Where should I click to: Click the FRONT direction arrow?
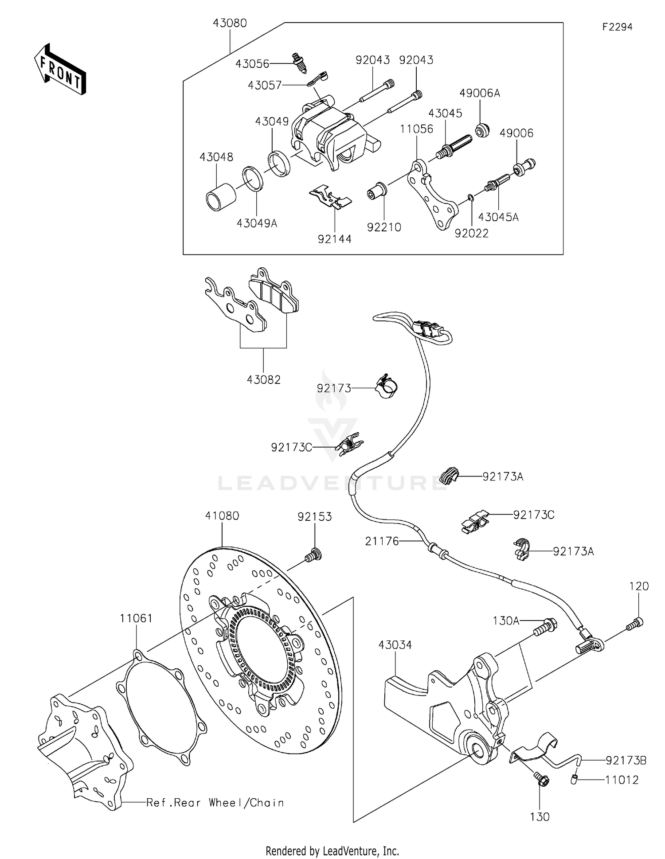tap(60, 70)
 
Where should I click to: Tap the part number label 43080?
tap(230, 23)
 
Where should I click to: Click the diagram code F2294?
tap(617, 27)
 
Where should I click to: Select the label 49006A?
tap(479, 93)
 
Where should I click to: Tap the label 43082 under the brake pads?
tap(263, 380)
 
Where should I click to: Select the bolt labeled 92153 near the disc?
tap(313, 554)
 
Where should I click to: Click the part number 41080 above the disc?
tap(222, 516)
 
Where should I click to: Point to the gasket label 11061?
tap(136, 618)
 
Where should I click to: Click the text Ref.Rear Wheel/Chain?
tap(215, 803)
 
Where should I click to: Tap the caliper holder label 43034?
tap(395, 645)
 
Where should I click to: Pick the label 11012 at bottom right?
tap(622, 780)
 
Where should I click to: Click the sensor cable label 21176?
tap(382, 541)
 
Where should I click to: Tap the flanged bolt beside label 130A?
tap(547, 626)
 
